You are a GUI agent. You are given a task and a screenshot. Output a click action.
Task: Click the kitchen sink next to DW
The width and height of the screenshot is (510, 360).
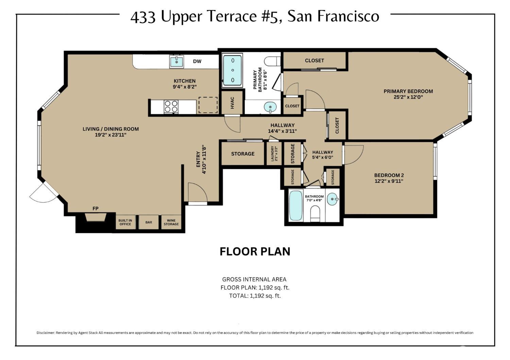point(176,62)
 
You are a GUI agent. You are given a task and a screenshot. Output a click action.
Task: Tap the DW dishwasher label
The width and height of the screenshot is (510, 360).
point(197,62)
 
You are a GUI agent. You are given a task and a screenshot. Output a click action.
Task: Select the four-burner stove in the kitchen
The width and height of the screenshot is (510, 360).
point(171,106)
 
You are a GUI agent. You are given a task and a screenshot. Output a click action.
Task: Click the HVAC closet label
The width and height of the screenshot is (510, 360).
point(233,103)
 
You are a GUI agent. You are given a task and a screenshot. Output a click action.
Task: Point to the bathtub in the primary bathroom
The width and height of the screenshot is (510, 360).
point(233,70)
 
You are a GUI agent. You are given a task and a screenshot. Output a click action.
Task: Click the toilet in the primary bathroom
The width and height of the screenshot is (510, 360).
point(273,62)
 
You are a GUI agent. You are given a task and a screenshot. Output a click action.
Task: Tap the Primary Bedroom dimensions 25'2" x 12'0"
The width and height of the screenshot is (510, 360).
point(408,97)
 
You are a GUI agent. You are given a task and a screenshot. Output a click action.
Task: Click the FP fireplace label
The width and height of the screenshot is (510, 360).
point(96,208)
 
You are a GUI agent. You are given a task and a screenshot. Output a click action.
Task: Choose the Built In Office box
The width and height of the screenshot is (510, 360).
point(125,222)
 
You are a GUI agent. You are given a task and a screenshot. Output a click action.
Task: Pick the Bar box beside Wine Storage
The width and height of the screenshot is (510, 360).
point(149,222)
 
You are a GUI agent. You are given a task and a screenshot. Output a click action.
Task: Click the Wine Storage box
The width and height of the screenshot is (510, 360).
point(171,222)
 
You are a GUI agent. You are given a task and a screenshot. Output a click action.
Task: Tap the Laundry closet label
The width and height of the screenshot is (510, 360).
point(274,154)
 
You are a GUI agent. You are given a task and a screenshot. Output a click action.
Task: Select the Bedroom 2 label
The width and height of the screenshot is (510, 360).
point(389,175)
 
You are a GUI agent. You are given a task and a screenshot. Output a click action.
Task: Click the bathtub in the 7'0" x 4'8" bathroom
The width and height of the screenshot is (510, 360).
point(296,206)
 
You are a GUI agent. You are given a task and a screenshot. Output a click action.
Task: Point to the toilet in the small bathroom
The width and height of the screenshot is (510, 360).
point(316,214)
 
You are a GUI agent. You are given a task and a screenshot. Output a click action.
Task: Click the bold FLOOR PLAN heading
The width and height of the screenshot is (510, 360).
point(255,252)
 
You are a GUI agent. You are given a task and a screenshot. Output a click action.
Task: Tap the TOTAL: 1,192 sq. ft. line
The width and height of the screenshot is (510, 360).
point(255,296)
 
